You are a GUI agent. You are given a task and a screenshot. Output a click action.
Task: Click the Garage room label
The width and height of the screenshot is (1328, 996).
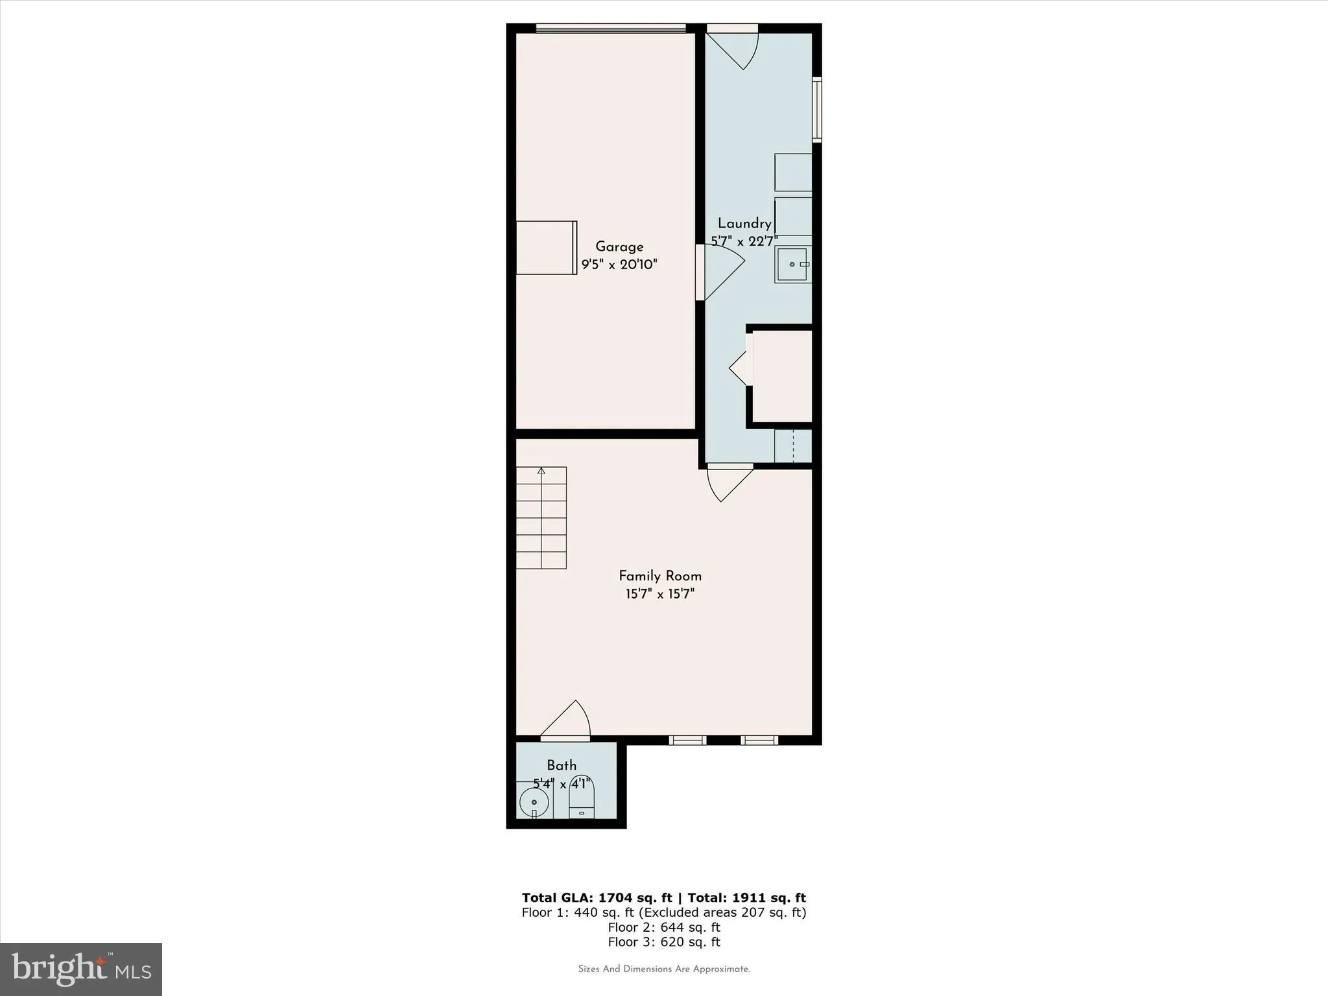pyautogui.click(x=619, y=246)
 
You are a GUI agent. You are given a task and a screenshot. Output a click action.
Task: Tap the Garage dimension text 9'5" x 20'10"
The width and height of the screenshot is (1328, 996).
pyautogui.click(x=619, y=265)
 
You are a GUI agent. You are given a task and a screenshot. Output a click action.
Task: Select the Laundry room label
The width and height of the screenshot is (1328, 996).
pyautogui.click(x=744, y=224)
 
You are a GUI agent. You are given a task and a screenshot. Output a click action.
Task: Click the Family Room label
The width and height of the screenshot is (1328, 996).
pyautogui.click(x=660, y=576)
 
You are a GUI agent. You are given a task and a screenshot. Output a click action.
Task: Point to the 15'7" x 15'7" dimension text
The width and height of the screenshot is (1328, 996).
pyautogui.click(x=660, y=594)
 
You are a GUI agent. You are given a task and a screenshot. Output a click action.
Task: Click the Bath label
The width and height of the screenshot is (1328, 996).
pyautogui.click(x=562, y=765)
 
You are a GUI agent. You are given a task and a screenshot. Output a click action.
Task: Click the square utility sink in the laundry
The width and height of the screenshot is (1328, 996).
pyautogui.click(x=792, y=265)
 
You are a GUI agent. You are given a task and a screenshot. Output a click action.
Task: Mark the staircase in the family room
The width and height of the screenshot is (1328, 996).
pyautogui.click(x=541, y=517)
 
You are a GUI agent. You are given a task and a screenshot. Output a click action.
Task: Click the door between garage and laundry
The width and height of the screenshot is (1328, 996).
pyautogui.click(x=720, y=272)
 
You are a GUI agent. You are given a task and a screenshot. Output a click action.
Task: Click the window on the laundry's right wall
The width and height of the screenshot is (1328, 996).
pyautogui.click(x=817, y=110)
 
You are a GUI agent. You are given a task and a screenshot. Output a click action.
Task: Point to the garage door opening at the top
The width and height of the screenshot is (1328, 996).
pyautogui.click(x=611, y=28)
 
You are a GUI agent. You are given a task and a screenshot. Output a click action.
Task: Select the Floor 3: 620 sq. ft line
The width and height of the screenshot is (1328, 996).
pyautogui.click(x=663, y=942)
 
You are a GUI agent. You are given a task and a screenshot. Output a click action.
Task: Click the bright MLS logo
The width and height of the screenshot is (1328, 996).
pyautogui.click(x=81, y=969)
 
